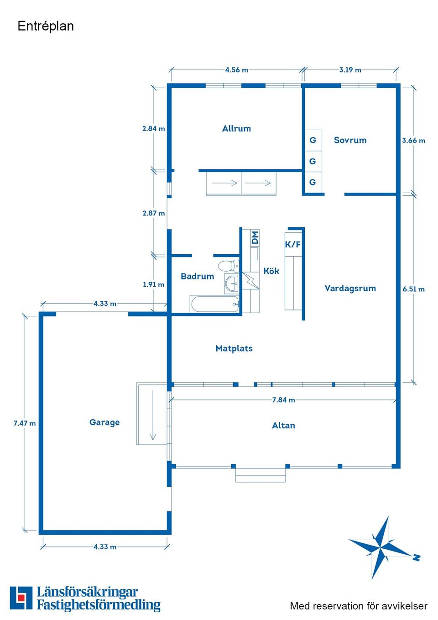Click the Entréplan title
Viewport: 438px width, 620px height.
pyautogui.click(x=46, y=26)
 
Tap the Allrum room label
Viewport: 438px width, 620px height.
pyautogui.click(x=236, y=128)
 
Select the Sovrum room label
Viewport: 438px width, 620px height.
pyautogui.click(x=350, y=140)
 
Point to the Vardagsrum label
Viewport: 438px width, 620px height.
pyautogui.click(x=350, y=289)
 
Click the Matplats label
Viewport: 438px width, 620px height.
pyautogui.click(x=234, y=348)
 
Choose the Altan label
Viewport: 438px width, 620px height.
pyautogui.click(x=283, y=426)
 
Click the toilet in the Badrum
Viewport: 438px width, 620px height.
pyautogui.click(x=229, y=266)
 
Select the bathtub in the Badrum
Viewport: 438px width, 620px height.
pyautogui.click(x=214, y=304)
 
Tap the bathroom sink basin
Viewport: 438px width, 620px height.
pyautogui.click(x=232, y=283)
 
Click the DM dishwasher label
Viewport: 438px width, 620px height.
pyautogui.click(x=255, y=237)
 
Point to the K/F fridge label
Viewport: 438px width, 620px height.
pyautogui.click(x=292, y=244)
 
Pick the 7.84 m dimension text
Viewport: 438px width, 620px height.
pyautogui.click(x=283, y=400)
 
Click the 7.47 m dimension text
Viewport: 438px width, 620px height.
pyautogui.click(x=25, y=423)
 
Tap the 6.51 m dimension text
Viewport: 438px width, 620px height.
pyautogui.click(x=414, y=289)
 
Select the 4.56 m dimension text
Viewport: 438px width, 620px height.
pyautogui.click(x=236, y=70)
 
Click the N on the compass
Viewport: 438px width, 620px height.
pyautogui.click(x=417, y=557)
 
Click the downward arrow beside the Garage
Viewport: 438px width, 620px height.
pyautogui.click(x=153, y=415)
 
